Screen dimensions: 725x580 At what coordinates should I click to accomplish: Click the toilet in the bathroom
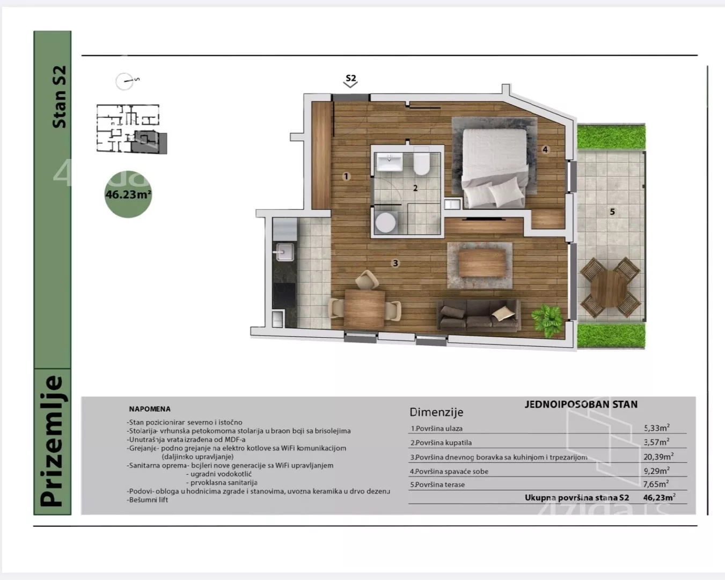(x=421, y=161)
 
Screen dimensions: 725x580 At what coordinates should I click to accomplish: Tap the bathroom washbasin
(x=390, y=162)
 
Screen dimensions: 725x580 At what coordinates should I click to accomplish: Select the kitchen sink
(x=285, y=252)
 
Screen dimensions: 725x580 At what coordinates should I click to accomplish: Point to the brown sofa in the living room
(x=478, y=315)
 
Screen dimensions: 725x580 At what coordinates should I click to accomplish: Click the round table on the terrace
(x=610, y=288)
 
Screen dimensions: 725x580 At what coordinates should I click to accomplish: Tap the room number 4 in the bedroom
(x=545, y=149)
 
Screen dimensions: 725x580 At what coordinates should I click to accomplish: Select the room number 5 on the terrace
(x=612, y=212)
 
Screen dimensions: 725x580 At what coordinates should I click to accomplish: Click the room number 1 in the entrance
(x=346, y=176)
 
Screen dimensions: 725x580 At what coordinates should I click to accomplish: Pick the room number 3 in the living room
(x=396, y=263)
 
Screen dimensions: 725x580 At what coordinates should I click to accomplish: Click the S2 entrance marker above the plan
(x=351, y=81)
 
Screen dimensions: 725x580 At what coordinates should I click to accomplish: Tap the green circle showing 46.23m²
(x=128, y=194)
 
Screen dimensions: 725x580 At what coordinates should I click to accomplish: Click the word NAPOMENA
(x=150, y=409)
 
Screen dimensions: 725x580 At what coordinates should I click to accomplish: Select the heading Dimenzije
(x=436, y=412)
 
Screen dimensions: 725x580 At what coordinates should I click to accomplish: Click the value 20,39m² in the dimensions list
(x=658, y=456)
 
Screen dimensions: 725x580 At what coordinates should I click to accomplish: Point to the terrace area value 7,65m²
(x=656, y=484)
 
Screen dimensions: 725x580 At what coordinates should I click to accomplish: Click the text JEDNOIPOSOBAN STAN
(x=581, y=404)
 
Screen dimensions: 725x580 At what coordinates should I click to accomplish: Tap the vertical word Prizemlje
(x=53, y=441)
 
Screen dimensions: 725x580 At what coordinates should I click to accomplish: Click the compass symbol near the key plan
(x=127, y=81)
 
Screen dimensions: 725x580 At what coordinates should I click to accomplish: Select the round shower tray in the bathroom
(x=385, y=222)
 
